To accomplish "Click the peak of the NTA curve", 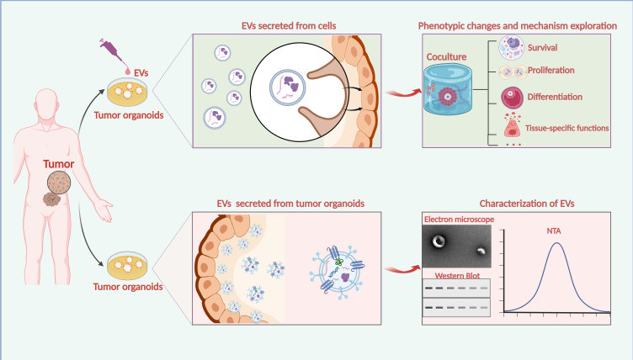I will point(556,244).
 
